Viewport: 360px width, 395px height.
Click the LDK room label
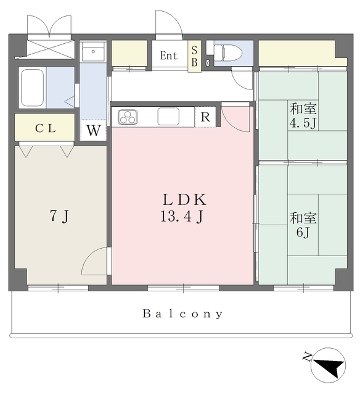[185, 200]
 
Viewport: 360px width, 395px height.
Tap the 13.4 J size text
[182, 217]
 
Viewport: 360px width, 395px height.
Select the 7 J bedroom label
[59, 217]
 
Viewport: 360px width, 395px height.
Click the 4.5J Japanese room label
[303, 116]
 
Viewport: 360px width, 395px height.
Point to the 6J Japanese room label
[303, 225]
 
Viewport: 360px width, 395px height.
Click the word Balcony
[183, 314]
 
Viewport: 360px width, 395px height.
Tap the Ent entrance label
[169, 56]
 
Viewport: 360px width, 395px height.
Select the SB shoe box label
[194, 56]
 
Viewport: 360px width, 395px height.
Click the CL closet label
[46, 128]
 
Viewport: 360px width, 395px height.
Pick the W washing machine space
[94, 130]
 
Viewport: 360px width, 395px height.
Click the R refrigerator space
[205, 117]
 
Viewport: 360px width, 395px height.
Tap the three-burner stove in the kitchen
[128, 117]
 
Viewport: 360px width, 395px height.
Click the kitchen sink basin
[168, 117]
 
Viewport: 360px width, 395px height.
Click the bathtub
[32, 88]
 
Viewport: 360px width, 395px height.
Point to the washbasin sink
[93, 52]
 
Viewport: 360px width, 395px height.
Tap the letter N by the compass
[307, 357]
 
